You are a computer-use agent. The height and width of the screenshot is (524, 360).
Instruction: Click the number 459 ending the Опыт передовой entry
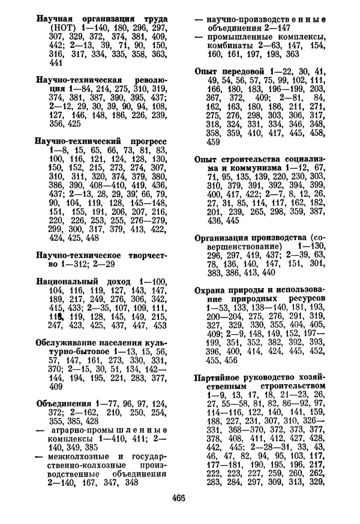(x=213, y=142)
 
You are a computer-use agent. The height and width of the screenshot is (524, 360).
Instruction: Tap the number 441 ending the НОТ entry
(x=56, y=63)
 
